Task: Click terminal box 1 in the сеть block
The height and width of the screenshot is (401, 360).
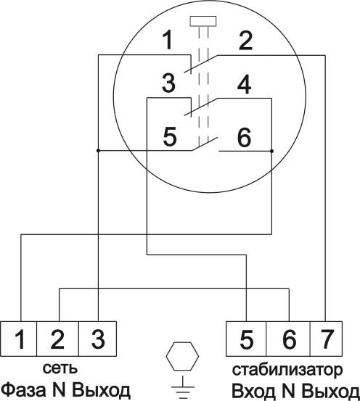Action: pyautogui.click(x=19, y=339)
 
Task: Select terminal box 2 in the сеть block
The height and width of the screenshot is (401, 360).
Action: pyautogui.click(x=57, y=339)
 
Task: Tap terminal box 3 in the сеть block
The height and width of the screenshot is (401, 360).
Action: pyautogui.click(x=97, y=339)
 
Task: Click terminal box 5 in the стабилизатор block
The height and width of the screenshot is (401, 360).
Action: pyautogui.click(x=246, y=339)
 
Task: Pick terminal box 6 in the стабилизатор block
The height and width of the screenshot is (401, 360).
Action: pyautogui.click(x=288, y=339)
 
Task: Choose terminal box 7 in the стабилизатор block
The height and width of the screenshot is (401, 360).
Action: pyautogui.click(x=326, y=339)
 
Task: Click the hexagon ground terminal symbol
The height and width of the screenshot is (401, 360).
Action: pyautogui.click(x=182, y=356)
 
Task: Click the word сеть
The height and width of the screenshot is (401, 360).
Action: pyautogui.click(x=60, y=368)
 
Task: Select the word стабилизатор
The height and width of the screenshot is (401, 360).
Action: pyautogui.click(x=287, y=370)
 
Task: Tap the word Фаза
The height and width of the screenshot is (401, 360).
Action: pyautogui.click(x=26, y=390)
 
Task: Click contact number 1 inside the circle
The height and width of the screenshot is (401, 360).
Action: pyautogui.click(x=168, y=40)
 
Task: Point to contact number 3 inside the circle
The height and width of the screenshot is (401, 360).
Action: pyautogui.click(x=168, y=83)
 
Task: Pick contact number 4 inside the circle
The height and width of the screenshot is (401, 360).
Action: pyautogui.click(x=244, y=84)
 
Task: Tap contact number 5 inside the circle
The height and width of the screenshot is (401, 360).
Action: pyautogui.click(x=170, y=136)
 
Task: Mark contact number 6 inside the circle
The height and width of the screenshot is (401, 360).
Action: pyautogui.click(x=245, y=138)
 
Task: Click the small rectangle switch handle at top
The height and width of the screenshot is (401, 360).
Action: pyautogui.click(x=203, y=21)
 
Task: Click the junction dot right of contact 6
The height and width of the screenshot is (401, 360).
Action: pyautogui.click(x=271, y=151)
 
